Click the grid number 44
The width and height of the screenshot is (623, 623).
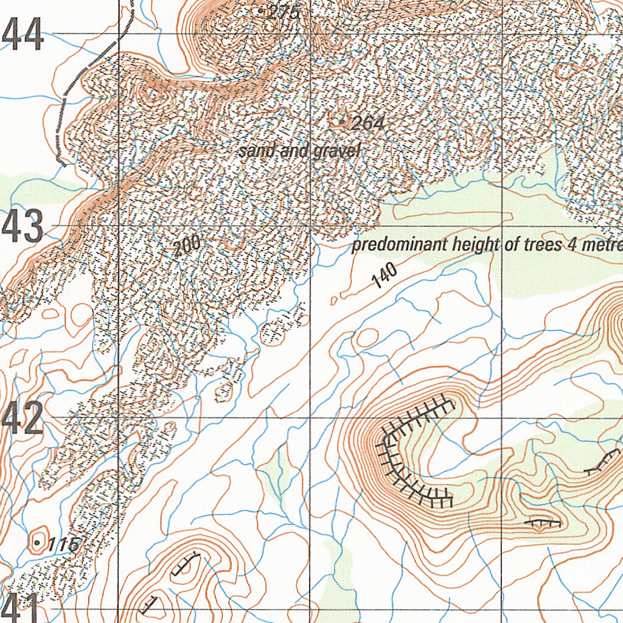(23, 34)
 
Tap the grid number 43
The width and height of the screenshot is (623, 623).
(23, 226)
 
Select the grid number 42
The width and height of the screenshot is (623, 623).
(23, 419)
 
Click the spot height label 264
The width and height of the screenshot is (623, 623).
(368, 124)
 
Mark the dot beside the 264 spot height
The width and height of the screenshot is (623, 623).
(341, 122)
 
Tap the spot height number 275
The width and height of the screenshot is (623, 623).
(283, 11)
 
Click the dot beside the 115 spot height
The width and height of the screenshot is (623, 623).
(38, 541)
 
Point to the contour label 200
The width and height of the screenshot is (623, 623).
(186, 246)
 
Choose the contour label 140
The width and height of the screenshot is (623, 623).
(384, 277)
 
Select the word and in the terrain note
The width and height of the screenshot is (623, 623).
(293, 150)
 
